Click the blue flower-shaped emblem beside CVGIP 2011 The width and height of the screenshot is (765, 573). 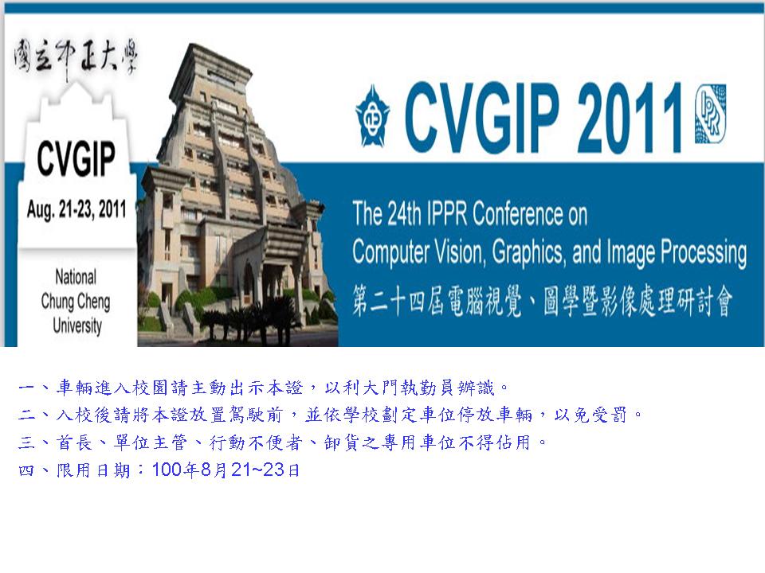point(372,115)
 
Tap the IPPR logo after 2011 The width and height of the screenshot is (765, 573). point(710,114)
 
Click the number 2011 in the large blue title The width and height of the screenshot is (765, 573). point(630,117)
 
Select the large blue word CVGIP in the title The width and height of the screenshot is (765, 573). point(482,117)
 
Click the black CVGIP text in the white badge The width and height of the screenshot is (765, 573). point(76,158)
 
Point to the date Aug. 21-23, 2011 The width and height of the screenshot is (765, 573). point(76,209)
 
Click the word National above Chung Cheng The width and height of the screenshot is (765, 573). point(76,277)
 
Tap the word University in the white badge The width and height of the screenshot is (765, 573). point(77,325)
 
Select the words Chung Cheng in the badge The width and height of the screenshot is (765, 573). point(76,302)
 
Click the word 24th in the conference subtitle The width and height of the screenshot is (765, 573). point(404,213)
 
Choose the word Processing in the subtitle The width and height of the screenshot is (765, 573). point(704,252)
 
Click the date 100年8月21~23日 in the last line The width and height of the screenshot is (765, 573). point(226,470)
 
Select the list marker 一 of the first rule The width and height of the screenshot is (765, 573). point(26,388)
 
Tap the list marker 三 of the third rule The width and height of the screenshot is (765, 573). point(26,442)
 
